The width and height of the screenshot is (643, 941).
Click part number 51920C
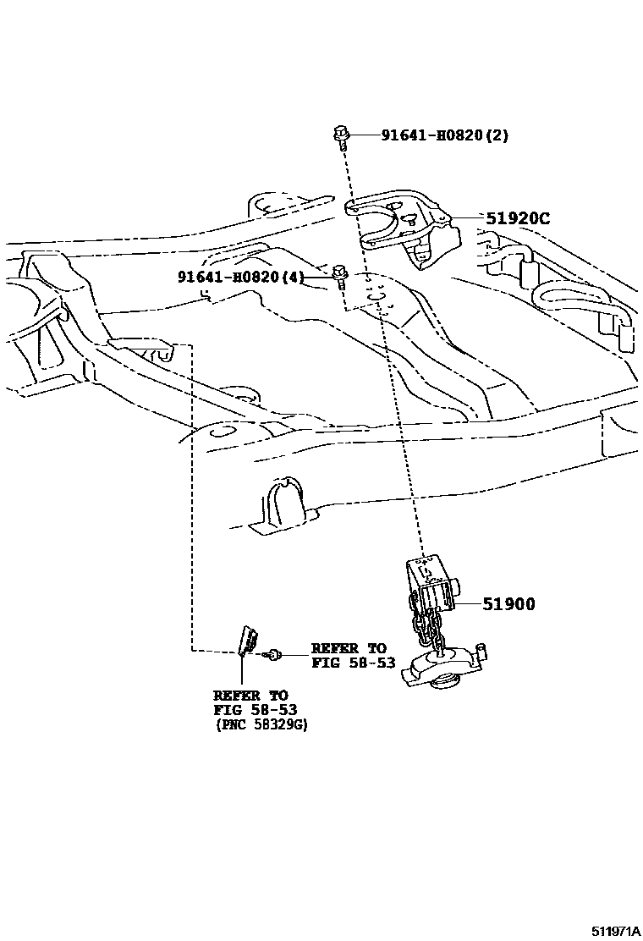(518, 218)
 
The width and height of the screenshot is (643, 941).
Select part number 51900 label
(508, 604)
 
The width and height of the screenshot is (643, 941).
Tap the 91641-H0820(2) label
(444, 135)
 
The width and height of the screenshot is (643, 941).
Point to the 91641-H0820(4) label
(240, 277)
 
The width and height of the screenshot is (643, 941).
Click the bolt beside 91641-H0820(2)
(342, 137)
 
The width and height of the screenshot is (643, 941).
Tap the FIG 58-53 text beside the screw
(354, 663)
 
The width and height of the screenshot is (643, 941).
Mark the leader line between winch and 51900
(468, 604)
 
